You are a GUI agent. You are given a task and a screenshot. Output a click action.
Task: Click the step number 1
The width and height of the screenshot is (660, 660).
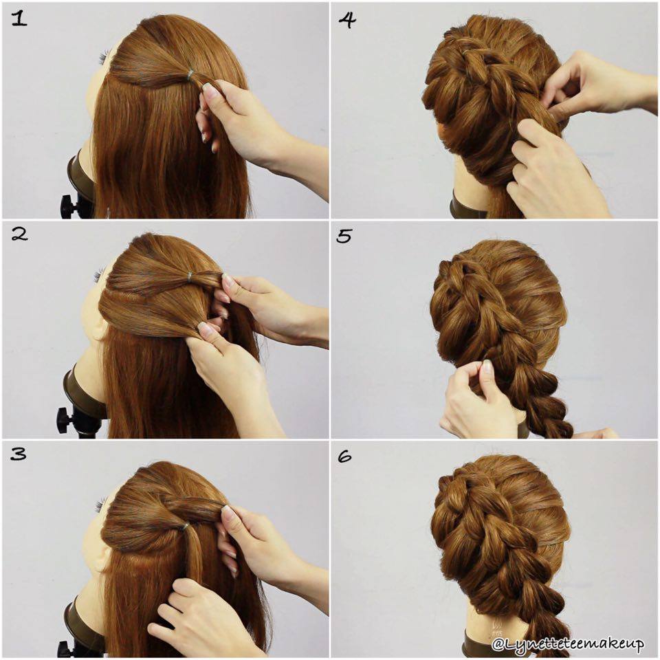pos(19,19)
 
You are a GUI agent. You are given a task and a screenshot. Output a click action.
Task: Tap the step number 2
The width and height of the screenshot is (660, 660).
pos(19,234)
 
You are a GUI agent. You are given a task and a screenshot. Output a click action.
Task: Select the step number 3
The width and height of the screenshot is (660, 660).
pos(18,454)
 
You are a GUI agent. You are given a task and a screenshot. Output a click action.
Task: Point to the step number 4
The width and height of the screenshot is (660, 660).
pos(346,20)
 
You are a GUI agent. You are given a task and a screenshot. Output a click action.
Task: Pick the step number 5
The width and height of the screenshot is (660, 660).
pos(344,236)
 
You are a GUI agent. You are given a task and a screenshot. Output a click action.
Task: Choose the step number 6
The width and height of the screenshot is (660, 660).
pos(344,456)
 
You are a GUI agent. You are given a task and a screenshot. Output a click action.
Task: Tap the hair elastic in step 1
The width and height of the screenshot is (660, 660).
pos(190,75)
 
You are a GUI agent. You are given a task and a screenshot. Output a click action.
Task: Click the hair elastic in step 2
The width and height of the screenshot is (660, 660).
pos(190,276)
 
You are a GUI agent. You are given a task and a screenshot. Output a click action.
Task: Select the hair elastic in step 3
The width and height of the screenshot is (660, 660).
pos(184,527)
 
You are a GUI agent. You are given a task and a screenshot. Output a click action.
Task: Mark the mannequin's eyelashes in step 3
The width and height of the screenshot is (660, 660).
pos(100,504)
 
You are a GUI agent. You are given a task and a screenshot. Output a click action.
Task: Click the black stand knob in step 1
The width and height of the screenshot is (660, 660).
pos(68,206)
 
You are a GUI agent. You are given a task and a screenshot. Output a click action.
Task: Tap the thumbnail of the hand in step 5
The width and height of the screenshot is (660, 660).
pos(487,366)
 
